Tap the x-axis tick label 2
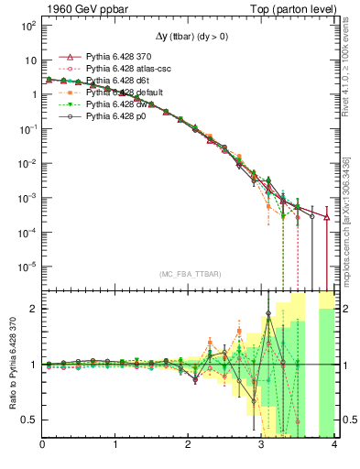pos(189,445)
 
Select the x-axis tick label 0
pos(43,445)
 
